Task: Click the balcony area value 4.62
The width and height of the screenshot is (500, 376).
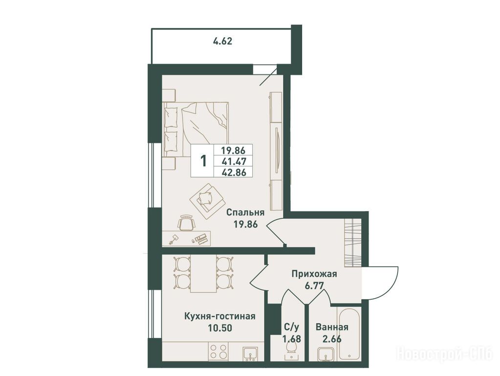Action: click(x=222, y=41)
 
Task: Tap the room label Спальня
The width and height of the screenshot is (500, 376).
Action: click(x=245, y=213)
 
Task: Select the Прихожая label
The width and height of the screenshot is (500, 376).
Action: click(x=314, y=274)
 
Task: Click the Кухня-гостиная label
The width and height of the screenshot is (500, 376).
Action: click(x=220, y=316)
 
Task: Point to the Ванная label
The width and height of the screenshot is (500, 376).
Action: click(x=332, y=327)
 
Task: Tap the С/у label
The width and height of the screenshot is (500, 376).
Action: click(x=292, y=327)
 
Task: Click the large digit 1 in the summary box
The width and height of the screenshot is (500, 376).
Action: click(x=203, y=161)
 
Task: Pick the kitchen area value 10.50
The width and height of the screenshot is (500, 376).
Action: click(x=220, y=328)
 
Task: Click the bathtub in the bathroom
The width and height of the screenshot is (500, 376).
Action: click(x=350, y=333)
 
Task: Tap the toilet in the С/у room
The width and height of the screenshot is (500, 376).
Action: click(x=292, y=351)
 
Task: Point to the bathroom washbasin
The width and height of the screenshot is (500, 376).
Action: click(x=325, y=354)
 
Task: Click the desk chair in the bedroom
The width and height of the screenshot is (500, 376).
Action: click(x=186, y=222)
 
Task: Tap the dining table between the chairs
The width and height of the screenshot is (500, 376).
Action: click(x=203, y=274)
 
